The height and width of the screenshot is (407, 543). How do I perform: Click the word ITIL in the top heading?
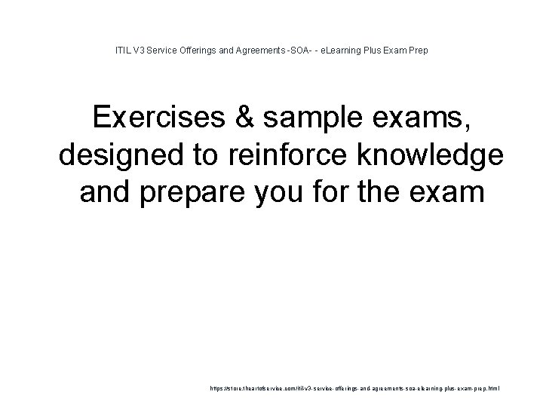coord(121,50)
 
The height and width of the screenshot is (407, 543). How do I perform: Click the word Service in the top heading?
coord(159,50)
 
